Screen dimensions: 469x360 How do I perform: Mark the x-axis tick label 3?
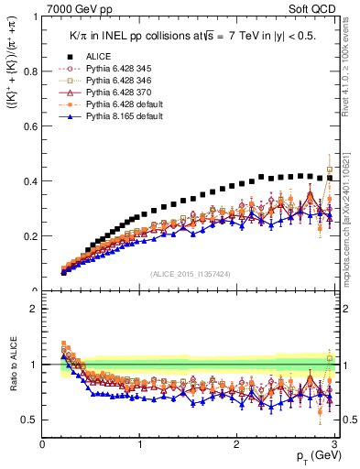tap(334, 444)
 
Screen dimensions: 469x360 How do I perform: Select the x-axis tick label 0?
tap(43, 444)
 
